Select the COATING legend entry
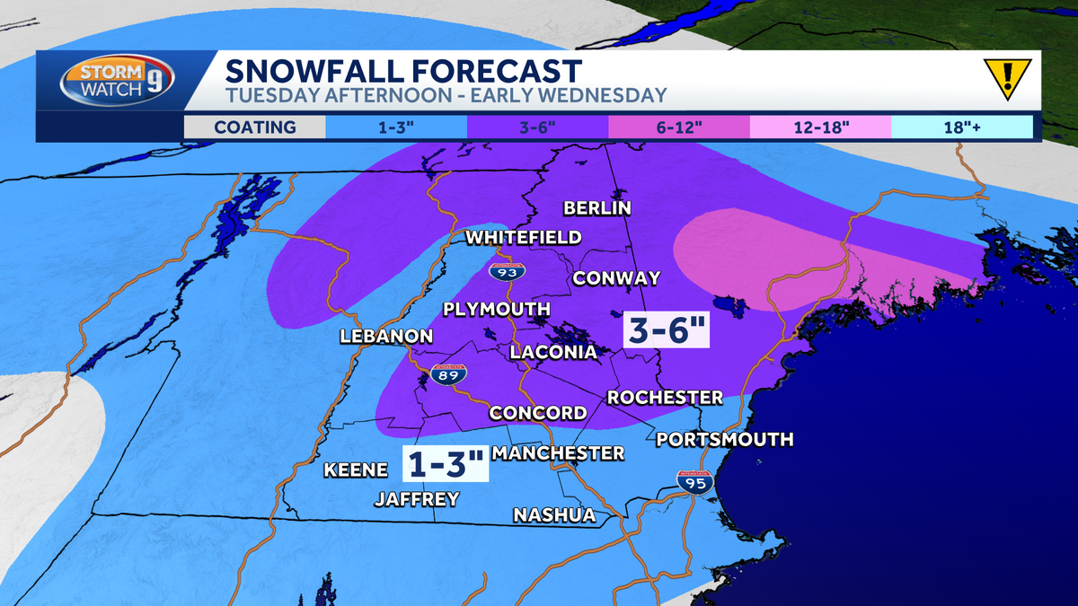(255, 127)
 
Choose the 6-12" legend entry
(679, 127)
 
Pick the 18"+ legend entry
(961, 127)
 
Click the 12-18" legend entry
(820, 127)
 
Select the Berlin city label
(597, 208)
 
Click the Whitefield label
(523, 238)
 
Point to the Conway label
(616, 278)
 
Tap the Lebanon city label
(386, 337)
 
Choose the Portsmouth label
(724, 439)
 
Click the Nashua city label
(554, 514)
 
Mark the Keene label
(356, 470)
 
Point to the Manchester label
(557, 452)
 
